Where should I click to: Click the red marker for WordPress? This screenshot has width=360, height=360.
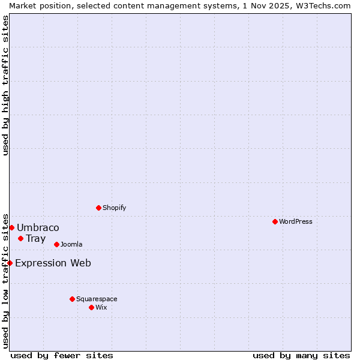275,221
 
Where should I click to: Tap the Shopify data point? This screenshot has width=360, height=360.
98,208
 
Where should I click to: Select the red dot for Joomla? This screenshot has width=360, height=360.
56,244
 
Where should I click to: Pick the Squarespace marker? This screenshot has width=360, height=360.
72,299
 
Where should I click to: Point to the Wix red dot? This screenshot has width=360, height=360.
91,307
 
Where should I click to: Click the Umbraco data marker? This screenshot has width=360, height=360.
11,227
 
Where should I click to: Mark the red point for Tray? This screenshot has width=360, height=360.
20,238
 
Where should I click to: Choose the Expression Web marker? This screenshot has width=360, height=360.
10,263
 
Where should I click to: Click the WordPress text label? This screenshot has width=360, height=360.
296,221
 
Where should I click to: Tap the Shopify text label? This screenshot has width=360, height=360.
115,208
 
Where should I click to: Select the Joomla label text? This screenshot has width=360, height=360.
71,244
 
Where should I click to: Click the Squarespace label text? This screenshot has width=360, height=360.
97,299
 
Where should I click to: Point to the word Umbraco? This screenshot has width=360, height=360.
38,227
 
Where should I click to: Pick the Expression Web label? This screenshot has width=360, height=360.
53,263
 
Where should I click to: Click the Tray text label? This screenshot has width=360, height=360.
35,238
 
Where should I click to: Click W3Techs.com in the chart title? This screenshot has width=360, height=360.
320,5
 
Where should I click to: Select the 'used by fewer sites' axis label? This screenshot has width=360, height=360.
62,355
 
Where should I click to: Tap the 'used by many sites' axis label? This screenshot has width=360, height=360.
301,355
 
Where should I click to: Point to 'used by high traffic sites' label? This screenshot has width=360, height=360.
5,85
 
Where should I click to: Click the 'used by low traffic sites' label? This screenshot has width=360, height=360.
5,280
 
